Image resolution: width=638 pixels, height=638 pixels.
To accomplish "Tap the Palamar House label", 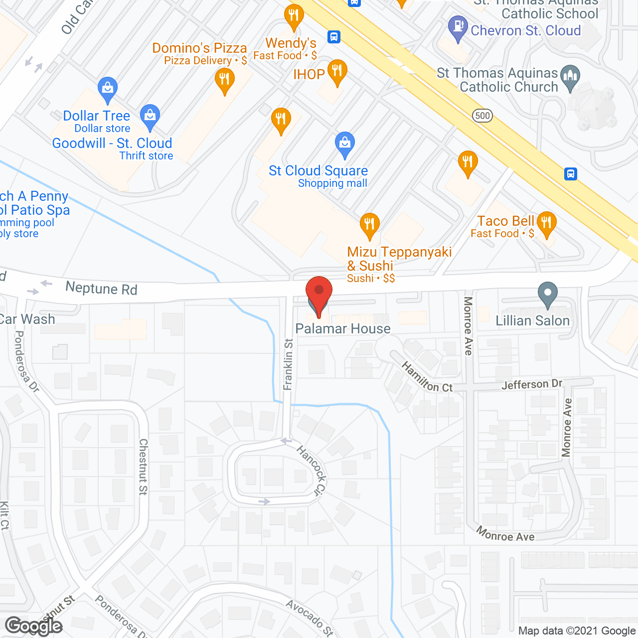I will (343, 329).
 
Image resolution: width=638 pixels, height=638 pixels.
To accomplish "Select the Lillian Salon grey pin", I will (547, 295).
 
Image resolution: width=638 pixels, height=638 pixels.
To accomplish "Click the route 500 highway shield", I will (482, 116).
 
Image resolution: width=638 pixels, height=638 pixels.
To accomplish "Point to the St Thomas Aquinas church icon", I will (570, 78).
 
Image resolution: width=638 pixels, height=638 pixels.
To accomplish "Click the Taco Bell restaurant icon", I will (547, 224).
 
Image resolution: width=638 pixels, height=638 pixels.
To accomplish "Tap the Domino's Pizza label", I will (199, 48).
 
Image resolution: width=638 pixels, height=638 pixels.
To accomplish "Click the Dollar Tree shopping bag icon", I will (107, 89).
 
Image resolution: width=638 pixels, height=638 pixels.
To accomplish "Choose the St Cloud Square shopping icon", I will (344, 144).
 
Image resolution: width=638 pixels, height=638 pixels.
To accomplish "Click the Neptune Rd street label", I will (101, 288).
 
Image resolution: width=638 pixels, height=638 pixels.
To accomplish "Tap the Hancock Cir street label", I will (312, 470).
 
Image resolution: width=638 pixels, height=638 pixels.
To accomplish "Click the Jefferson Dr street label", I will (531, 384).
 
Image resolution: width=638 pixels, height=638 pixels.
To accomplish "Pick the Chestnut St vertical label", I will (143, 467).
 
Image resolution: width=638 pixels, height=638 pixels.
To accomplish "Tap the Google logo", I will (34, 626).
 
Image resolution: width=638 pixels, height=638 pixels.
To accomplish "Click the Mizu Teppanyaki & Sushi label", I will (399, 259).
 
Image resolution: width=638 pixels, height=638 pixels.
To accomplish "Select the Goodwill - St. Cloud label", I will (112, 144).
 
